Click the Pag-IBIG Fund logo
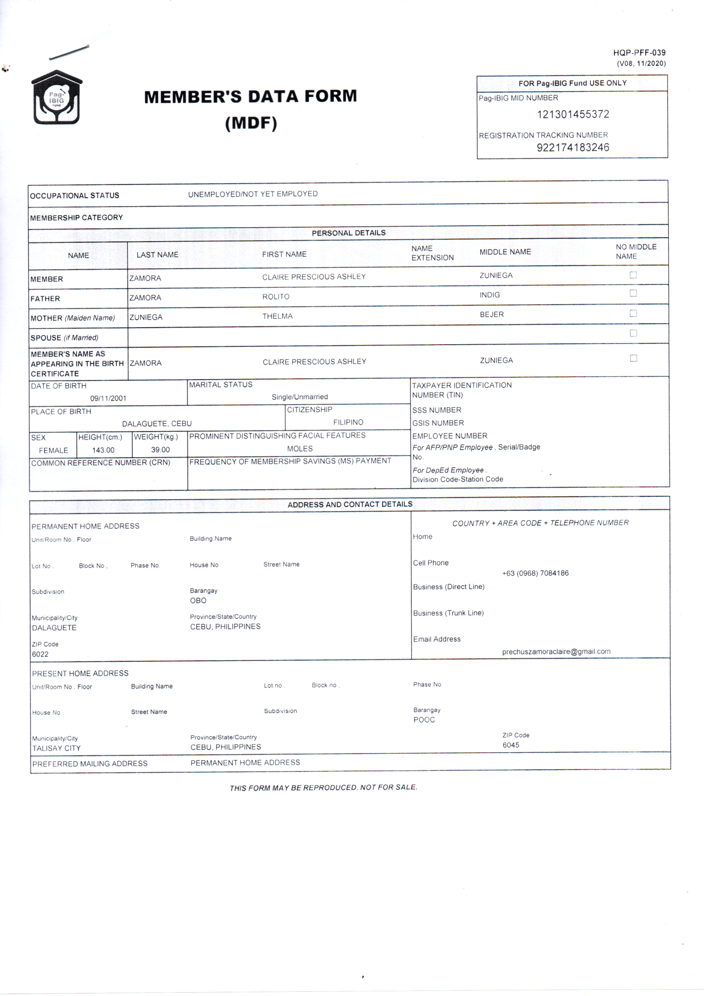tap(56, 98)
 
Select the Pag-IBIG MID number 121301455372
tap(572, 115)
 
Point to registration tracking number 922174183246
tap(572, 147)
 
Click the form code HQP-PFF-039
tap(639, 53)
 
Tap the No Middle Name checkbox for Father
tap(633, 293)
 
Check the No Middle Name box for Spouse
tap(633, 333)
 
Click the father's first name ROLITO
tap(276, 297)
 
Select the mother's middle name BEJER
tap(492, 314)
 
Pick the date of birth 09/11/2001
tap(108, 398)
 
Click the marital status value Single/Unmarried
tap(300, 397)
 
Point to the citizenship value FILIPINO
tap(348, 422)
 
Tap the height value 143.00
tap(103, 450)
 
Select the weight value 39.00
tap(160, 450)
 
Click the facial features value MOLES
tap(300, 449)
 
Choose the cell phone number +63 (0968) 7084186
tap(535, 573)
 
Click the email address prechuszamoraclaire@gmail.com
tap(556, 651)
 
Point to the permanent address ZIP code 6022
tap(40, 654)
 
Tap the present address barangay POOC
tap(424, 720)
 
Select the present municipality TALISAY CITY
tap(56, 748)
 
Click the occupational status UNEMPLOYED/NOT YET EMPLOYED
tap(253, 194)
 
